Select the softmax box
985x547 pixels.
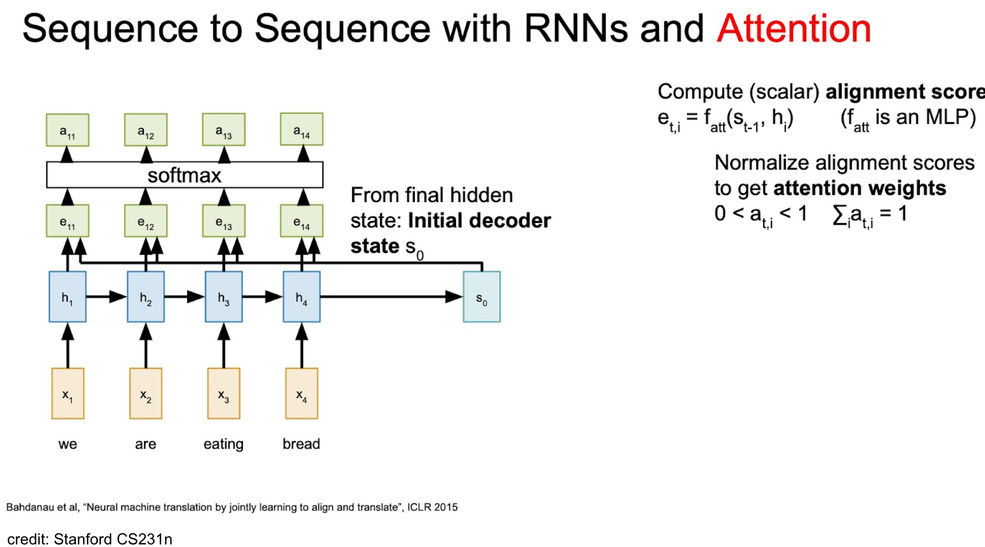pos(185,175)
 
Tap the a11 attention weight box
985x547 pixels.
pos(67,130)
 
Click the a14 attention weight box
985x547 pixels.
pos(301,129)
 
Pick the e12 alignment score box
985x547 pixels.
pos(146,221)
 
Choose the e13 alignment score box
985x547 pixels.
pos(224,221)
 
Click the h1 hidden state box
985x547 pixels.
pos(67,297)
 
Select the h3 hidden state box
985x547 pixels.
pos(224,297)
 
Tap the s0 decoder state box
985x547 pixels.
pos(482,297)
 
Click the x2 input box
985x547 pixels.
pos(146,394)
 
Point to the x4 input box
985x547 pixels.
pos(302,394)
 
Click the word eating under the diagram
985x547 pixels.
pos(223,444)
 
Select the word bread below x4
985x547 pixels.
pos(301,444)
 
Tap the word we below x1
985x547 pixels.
pos(67,444)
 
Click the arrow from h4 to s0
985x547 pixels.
pos(392,297)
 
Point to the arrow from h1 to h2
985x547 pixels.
pos(107,297)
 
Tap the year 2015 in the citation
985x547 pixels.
pos(446,507)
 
